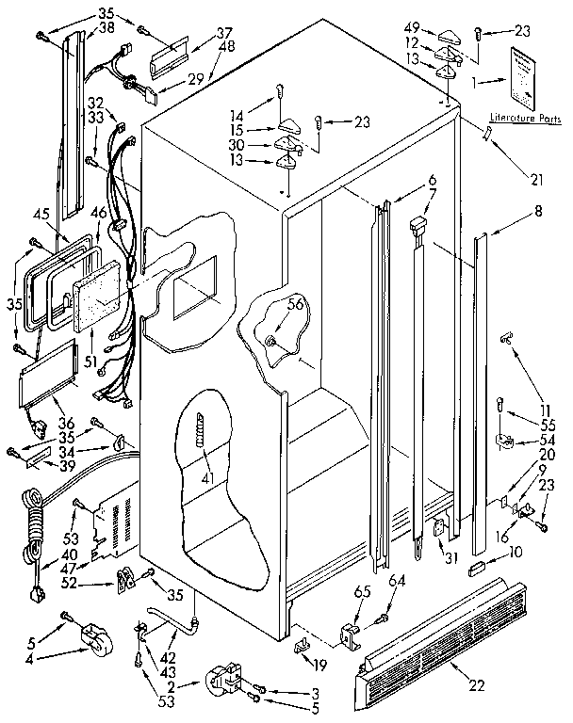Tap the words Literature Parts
pos(517,119)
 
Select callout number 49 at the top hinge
pos(413,27)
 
